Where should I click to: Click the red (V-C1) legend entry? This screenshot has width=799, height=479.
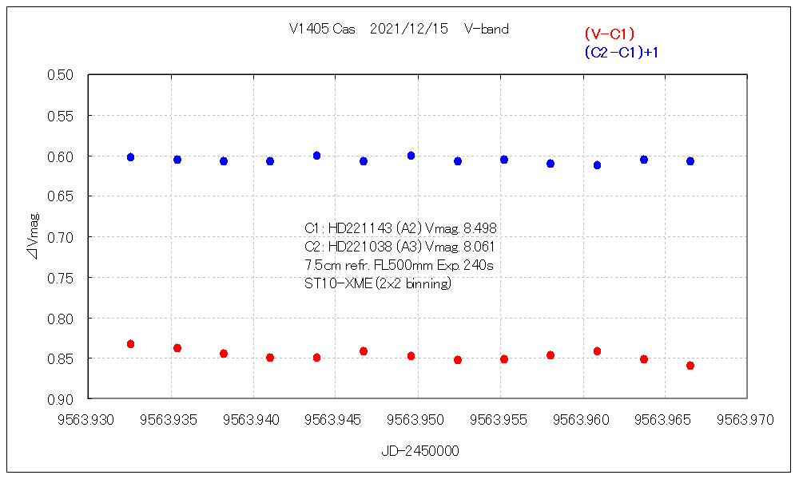[x=609, y=34]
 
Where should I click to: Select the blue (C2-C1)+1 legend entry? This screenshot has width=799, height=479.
[x=626, y=52]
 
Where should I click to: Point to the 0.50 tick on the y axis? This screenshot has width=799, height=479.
[x=61, y=75]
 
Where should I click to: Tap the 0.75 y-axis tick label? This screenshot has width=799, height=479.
[x=61, y=278]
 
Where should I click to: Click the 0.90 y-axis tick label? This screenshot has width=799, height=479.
[x=61, y=399]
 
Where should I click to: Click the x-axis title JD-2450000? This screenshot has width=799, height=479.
[x=420, y=451]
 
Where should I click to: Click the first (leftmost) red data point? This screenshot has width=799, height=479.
[x=130, y=344]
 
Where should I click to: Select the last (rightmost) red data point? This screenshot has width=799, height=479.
[x=690, y=366]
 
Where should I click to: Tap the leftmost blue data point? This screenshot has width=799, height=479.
[x=130, y=157]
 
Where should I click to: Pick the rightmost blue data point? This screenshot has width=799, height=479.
[x=690, y=161]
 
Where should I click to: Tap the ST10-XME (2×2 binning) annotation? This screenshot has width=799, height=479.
[x=378, y=283]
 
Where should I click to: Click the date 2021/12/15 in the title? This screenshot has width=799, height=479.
[x=409, y=29]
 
